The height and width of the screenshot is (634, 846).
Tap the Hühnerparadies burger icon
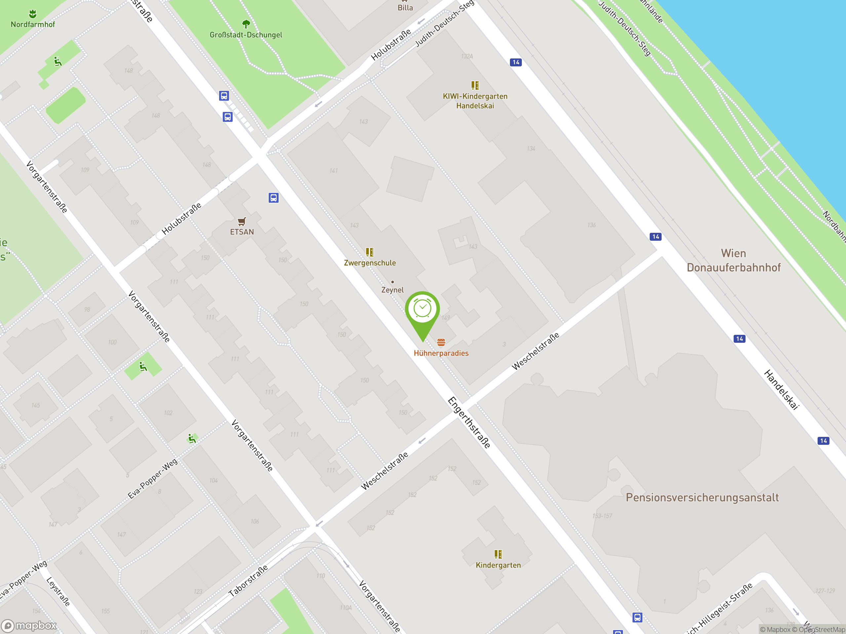(x=441, y=342)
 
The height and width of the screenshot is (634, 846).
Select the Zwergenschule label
(x=369, y=263)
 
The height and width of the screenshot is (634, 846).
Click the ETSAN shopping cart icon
(x=242, y=222)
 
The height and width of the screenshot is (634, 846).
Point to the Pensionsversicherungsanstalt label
(x=702, y=498)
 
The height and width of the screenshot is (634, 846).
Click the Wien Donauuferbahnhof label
(x=733, y=260)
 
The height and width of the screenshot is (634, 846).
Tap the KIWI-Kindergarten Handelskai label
(x=475, y=101)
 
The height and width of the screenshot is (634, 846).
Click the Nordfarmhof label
(x=33, y=24)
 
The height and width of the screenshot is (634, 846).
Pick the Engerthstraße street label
(x=469, y=422)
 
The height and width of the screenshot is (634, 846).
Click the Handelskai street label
(x=781, y=390)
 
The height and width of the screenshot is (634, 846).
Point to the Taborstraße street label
(x=248, y=581)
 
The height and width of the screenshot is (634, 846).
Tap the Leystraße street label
(x=58, y=592)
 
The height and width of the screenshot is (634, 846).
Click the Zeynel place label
(x=392, y=290)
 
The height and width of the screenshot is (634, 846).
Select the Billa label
(x=405, y=8)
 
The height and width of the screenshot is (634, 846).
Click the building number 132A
(x=467, y=56)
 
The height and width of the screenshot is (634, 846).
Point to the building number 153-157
(x=602, y=516)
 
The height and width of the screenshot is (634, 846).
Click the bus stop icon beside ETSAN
(x=273, y=197)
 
